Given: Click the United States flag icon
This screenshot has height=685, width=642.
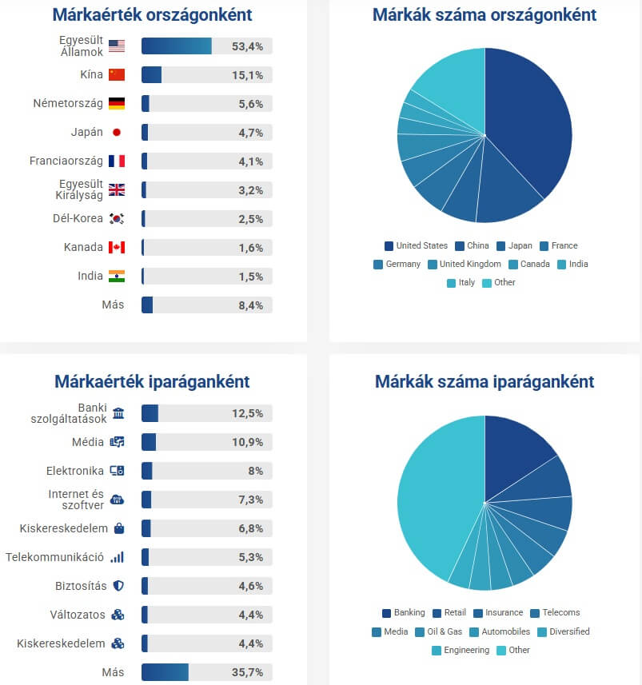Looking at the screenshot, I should click(x=117, y=46).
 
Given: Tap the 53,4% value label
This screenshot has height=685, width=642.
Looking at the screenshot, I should click(x=247, y=46).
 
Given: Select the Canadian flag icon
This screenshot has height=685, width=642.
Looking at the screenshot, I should click(x=117, y=247).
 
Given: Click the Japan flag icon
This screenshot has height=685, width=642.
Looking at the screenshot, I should click(x=117, y=132).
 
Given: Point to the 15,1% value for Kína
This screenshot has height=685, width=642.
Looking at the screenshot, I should click(x=247, y=75).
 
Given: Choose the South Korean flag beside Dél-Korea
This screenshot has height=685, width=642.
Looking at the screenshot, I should click(x=117, y=218).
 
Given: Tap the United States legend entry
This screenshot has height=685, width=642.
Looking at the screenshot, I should click(x=415, y=245).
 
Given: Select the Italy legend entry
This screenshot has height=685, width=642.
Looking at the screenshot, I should click(x=461, y=282).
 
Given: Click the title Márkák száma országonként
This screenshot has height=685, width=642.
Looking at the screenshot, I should click(x=484, y=15).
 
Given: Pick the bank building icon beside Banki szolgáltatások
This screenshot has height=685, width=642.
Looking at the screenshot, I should click(x=118, y=413).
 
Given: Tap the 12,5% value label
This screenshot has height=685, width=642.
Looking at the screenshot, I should click(x=247, y=413).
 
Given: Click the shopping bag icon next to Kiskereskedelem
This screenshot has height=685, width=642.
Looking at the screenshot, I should click(x=118, y=528).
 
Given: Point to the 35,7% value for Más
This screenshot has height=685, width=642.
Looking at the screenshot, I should click(x=247, y=672).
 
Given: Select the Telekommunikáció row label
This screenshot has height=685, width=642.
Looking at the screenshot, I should click(x=54, y=557).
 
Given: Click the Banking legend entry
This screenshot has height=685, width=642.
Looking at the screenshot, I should click(x=403, y=612).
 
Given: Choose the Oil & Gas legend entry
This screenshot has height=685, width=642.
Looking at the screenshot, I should click(x=439, y=631).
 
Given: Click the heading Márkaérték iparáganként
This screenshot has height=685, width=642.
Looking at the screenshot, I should click(x=152, y=381).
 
